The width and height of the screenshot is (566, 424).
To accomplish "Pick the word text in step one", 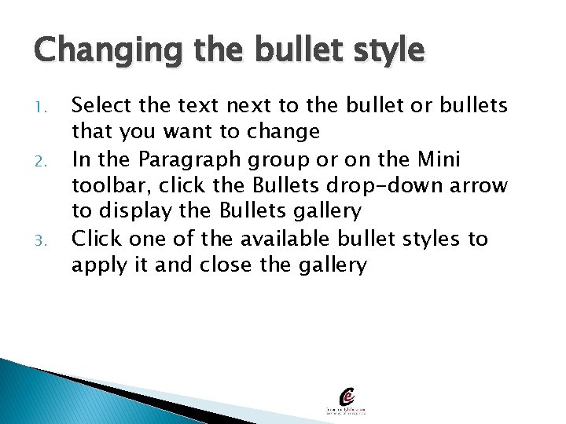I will click(x=189, y=104).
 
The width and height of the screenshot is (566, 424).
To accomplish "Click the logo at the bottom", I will click(x=347, y=401).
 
